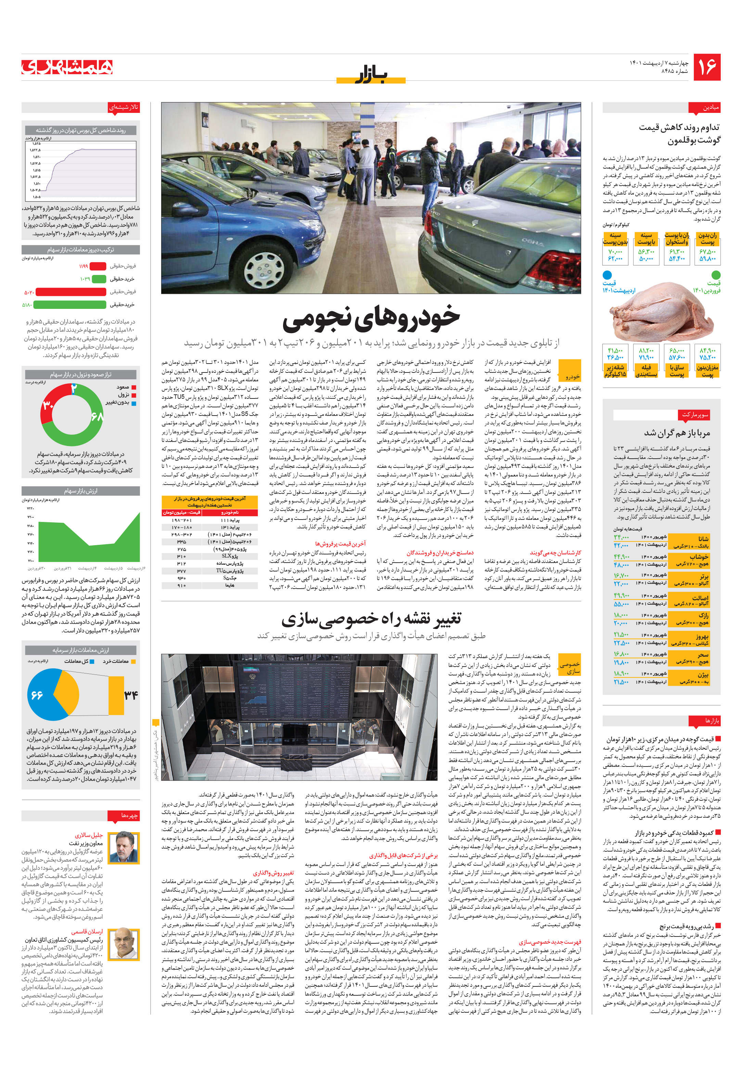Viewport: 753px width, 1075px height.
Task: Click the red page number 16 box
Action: coord(706,67)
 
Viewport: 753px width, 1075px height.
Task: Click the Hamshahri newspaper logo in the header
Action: coord(67,67)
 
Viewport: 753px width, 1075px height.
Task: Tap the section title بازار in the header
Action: coord(371,75)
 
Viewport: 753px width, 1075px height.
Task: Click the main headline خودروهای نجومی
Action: coord(371,317)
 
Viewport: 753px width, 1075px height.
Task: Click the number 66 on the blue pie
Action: coord(37,695)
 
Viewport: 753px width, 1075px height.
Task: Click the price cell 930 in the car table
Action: coord(181,578)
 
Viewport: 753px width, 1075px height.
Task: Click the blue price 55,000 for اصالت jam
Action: coord(621,604)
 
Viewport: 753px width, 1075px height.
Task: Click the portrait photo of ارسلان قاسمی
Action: coord(124,943)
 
